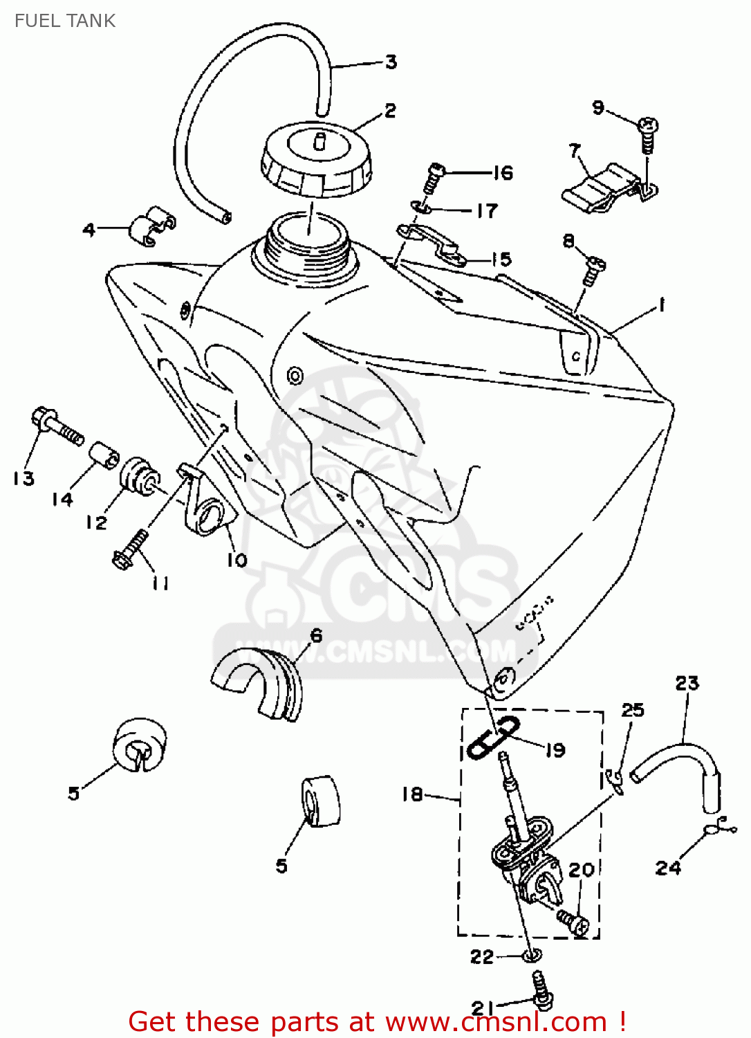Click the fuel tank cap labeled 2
[x=316, y=160]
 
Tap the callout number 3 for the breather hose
[x=391, y=62]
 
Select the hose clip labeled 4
[x=151, y=226]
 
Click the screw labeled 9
[x=648, y=134]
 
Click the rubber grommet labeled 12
[x=140, y=477]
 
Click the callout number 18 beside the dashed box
[x=412, y=794]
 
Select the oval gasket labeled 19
[x=493, y=738]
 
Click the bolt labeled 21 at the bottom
[x=541, y=988]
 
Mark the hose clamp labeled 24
[x=716, y=827]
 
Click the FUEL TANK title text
[x=65, y=21]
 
